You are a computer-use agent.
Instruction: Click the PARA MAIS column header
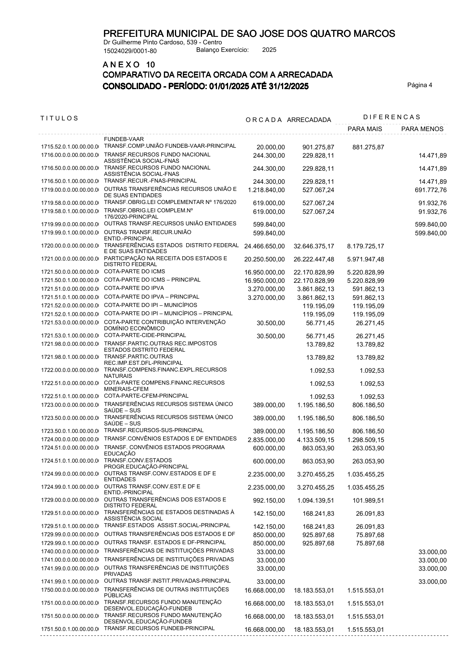click(365, 129)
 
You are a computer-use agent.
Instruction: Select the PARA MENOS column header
click(422, 129)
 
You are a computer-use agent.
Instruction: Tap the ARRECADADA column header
click(309, 120)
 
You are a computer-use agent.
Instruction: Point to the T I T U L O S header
click(59, 118)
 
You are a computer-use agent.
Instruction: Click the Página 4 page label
click(420, 85)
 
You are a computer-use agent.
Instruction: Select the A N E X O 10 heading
click(129, 65)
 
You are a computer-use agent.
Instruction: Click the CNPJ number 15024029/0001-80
click(130, 51)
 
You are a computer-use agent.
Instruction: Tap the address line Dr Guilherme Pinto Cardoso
click(163, 42)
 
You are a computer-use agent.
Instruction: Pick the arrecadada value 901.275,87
click(318, 147)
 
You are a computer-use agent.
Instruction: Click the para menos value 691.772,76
click(430, 190)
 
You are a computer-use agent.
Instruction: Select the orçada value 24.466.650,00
click(265, 246)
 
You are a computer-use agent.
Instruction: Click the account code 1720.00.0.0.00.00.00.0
click(69, 246)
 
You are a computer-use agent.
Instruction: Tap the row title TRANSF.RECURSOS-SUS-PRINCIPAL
click(153, 430)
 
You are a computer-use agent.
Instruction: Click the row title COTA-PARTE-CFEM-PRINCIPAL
click(146, 396)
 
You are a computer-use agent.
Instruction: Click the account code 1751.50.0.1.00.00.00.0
click(69, 629)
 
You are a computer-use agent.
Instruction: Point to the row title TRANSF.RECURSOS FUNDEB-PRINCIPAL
click(159, 628)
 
